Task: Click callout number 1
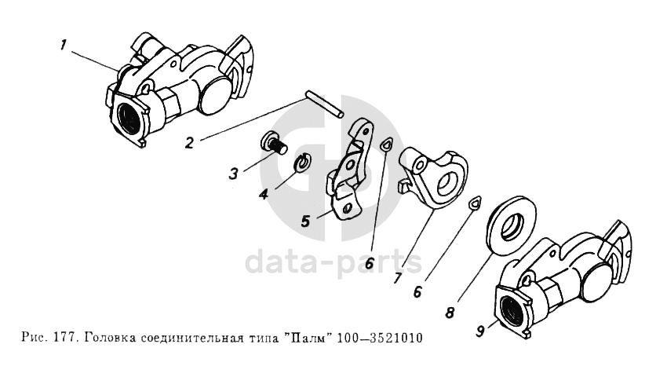(x=64, y=45)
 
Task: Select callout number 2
(x=190, y=143)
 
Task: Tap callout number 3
(x=233, y=174)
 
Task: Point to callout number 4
(x=264, y=195)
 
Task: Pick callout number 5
(x=305, y=221)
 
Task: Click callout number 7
(x=397, y=278)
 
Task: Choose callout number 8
(x=450, y=313)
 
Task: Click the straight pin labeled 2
(x=324, y=107)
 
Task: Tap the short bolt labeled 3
(x=273, y=145)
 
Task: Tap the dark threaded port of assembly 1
(x=129, y=118)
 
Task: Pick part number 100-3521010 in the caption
(x=380, y=339)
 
